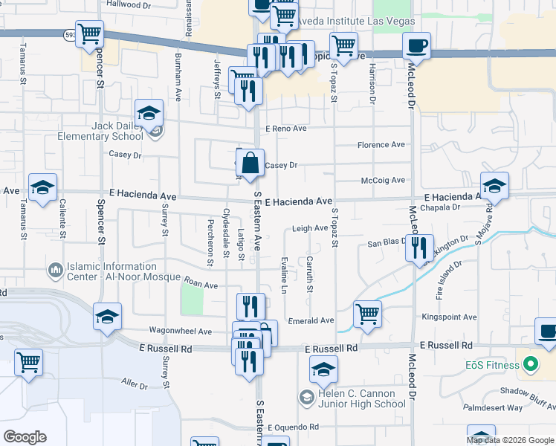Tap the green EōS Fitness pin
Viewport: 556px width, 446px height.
(530, 366)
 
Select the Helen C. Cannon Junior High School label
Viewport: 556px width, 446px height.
(359, 398)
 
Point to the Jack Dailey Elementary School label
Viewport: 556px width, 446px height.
(117, 132)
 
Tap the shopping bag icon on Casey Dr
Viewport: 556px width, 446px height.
(250, 162)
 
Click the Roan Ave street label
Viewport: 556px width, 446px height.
(200, 285)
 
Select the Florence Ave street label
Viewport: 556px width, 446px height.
(381, 145)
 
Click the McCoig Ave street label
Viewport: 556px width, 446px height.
(383, 180)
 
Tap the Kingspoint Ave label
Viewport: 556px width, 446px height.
(449, 317)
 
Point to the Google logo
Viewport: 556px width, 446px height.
(25, 437)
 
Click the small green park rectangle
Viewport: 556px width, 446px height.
(192, 299)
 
